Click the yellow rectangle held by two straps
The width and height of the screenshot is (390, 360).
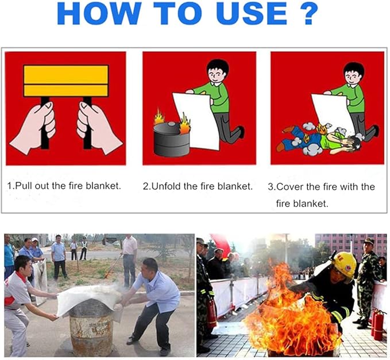65,81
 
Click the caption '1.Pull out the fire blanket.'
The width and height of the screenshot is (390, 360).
64,186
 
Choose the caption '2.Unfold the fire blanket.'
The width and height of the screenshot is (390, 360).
198,186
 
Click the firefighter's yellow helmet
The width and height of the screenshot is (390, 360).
344,264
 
